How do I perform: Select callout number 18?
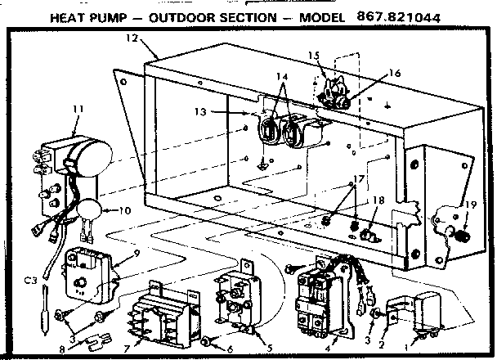[376, 201]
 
